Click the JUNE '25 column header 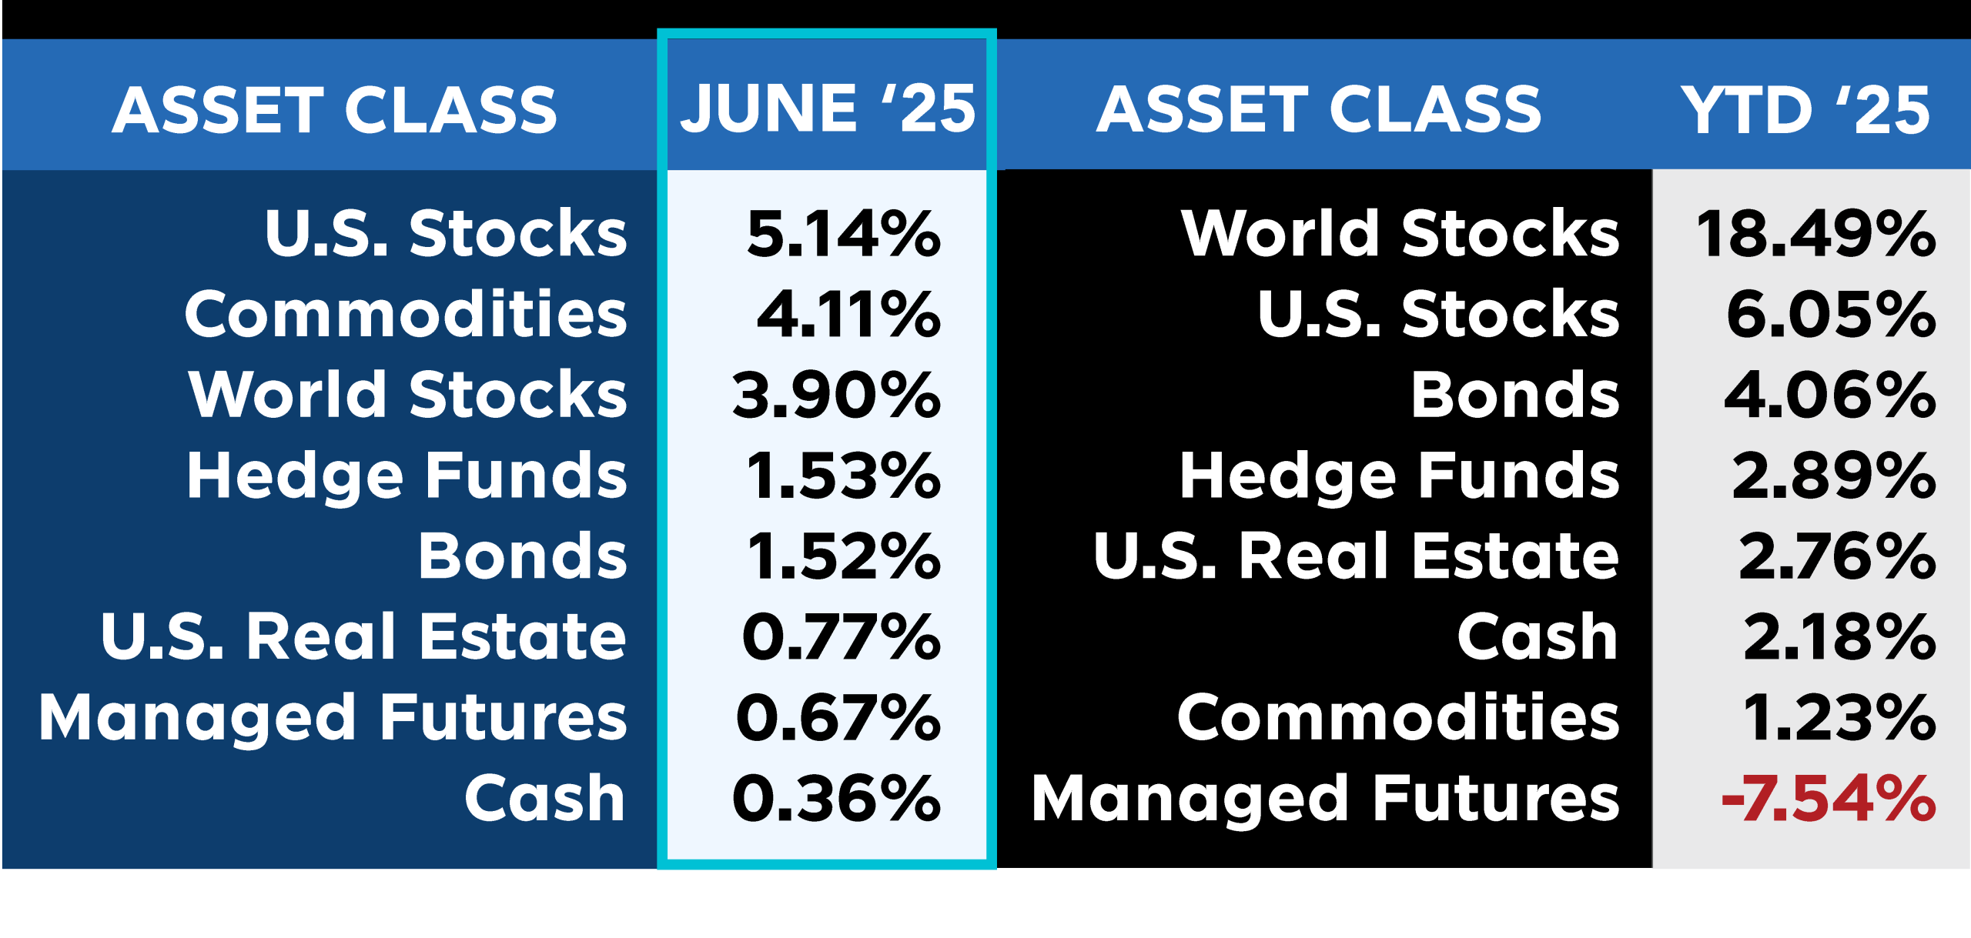828,108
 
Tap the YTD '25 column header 1805,109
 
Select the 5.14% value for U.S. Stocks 844,233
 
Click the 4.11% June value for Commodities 848,314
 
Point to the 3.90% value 837,395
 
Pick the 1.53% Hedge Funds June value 844,476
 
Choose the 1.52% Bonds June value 844,556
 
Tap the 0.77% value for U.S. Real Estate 842,637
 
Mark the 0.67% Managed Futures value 838,718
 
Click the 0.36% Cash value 837,799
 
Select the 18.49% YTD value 1816,233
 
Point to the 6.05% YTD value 1832,314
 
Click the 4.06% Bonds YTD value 1830,395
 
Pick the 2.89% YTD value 1834,476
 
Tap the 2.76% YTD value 1837,556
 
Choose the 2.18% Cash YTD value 1839,637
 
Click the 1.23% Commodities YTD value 1839,718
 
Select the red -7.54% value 1829,799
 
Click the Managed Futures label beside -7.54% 1326,800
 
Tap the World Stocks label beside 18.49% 1400,233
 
